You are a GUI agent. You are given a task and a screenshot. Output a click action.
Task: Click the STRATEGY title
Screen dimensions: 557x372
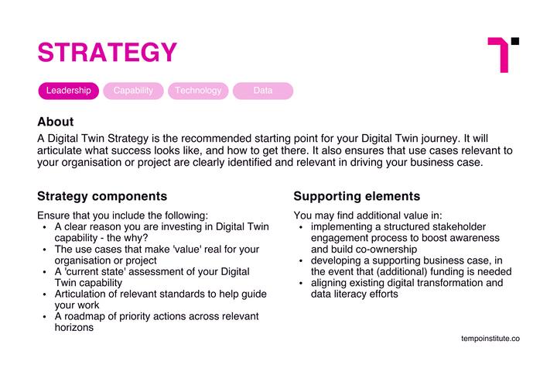tap(107, 53)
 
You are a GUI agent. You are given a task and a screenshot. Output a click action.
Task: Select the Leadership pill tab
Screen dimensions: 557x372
tap(69, 91)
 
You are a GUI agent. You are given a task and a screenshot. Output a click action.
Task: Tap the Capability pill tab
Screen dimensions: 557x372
tap(133, 91)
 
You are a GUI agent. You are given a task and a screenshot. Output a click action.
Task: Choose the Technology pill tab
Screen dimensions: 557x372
tap(198, 91)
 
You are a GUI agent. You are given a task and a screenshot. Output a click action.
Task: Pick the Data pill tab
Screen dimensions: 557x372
tap(263, 91)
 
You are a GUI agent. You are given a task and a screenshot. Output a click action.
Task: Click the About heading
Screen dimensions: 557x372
tap(56, 122)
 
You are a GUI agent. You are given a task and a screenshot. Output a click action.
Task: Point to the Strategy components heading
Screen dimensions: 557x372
tap(102, 196)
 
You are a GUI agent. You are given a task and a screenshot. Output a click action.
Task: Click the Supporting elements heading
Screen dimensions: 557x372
tap(357, 196)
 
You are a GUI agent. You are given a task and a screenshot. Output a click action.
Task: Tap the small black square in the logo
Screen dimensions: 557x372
tap(515, 41)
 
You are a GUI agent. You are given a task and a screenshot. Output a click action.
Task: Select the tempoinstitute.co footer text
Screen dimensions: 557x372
tap(490, 339)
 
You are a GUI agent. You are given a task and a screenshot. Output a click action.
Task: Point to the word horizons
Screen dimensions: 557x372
tap(74, 328)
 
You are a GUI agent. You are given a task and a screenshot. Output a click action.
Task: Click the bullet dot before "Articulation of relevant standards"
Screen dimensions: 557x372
tap(44, 294)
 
